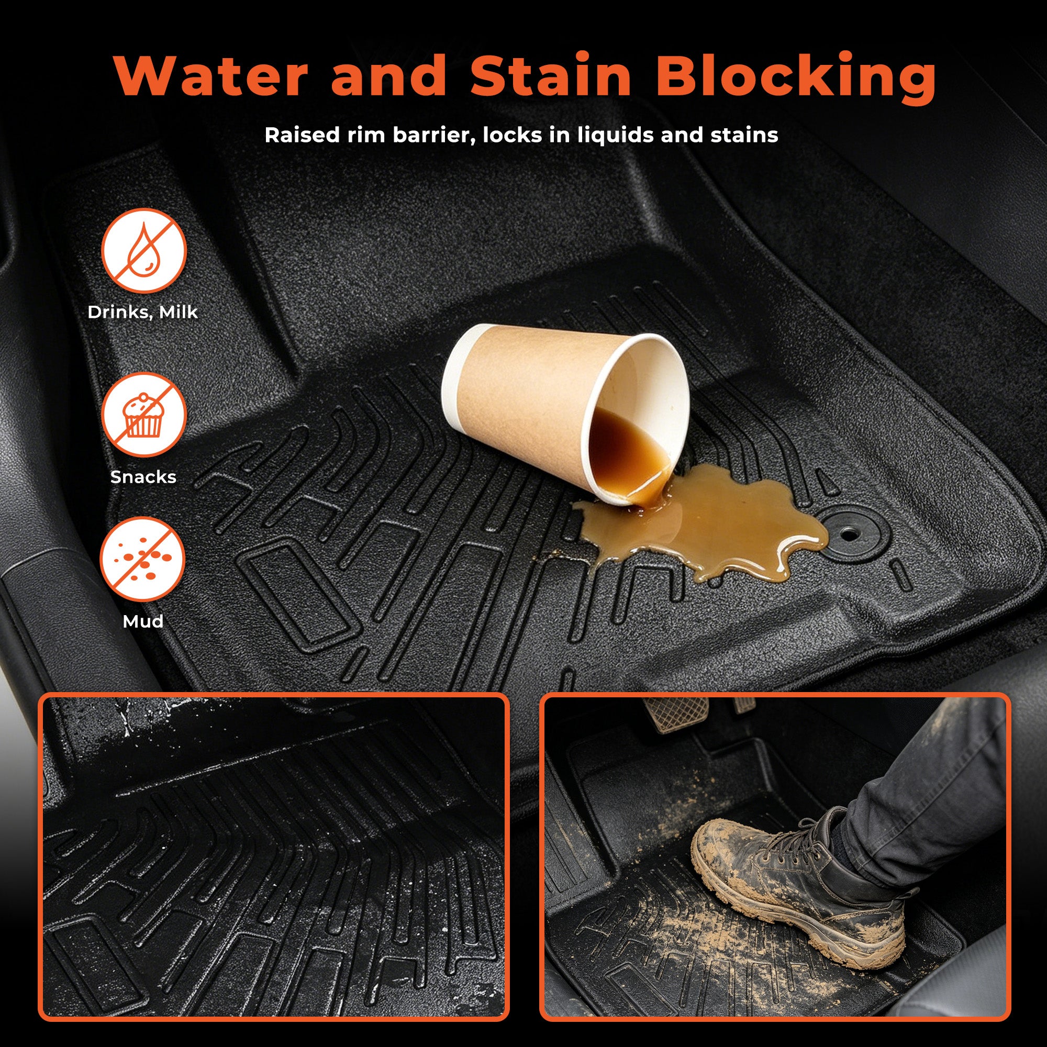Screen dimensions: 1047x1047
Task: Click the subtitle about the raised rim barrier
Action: (521, 135)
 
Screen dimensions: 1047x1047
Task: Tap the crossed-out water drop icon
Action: (143, 251)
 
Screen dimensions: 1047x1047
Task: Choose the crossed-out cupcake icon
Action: (143, 415)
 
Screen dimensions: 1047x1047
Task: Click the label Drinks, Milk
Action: (142, 312)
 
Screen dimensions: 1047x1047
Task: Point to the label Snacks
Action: (143, 477)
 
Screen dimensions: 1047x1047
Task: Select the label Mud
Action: (143, 621)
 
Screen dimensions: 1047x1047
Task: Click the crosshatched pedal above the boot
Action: (677, 714)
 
